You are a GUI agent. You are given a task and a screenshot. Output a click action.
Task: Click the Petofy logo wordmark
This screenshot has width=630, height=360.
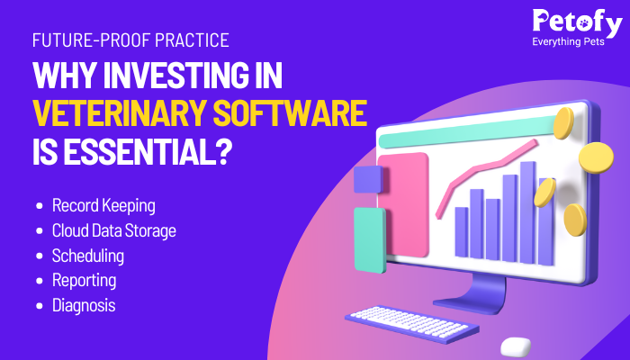click(578, 22)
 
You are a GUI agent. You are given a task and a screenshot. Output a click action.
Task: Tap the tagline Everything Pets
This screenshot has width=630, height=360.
click(568, 41)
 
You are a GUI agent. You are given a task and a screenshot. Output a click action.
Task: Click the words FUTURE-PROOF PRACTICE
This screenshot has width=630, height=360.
click(130, 40)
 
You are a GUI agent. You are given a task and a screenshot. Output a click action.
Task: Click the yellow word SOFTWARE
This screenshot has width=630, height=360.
click(290, 112)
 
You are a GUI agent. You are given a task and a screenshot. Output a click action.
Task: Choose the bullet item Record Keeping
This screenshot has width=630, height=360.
click(103, 206)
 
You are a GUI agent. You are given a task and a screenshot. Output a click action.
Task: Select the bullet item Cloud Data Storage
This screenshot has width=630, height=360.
click(114, 230)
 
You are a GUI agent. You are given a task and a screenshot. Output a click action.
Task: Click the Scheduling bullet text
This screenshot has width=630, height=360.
click(88, 256)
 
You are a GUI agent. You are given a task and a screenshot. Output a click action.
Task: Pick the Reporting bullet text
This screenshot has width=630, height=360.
click(85, 281)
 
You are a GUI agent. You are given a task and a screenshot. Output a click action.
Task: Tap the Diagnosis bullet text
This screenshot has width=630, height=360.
click(84, 305)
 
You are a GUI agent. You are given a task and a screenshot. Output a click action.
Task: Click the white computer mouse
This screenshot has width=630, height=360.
click(516, 346)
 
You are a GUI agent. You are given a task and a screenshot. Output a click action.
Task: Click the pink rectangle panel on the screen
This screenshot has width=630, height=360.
click(403, 205)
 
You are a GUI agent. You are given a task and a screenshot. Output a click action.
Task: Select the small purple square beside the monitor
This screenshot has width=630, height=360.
click(368, 179)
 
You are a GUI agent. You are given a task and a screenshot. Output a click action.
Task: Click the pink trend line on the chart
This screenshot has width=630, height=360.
click(487, 176)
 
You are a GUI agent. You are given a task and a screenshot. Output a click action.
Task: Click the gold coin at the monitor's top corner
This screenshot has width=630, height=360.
click(563, 123)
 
